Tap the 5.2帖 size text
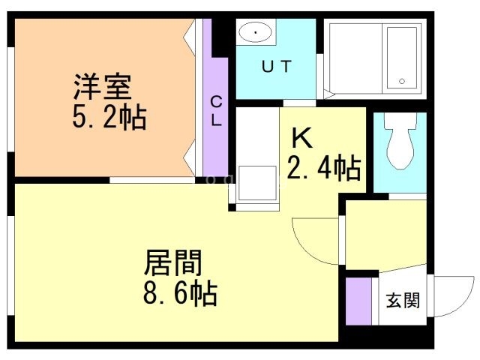pyautogui.click(x=109, y=117)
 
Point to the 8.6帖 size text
pyautogui.click(x=180, y=292)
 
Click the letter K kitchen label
pyautogui.click(x=301, y=138)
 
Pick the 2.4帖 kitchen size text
pyautogui.click(x=324, y=168)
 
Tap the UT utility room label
pyautogui.click(x=276, y=66)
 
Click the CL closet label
pyautogui.click(x=215, y=112)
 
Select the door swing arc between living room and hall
pyautogui.click(x=315, y=241)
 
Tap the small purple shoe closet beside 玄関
pyautogui.click(x=358, y=300)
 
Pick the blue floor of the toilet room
pyautogui.click(x=399, y=180)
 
